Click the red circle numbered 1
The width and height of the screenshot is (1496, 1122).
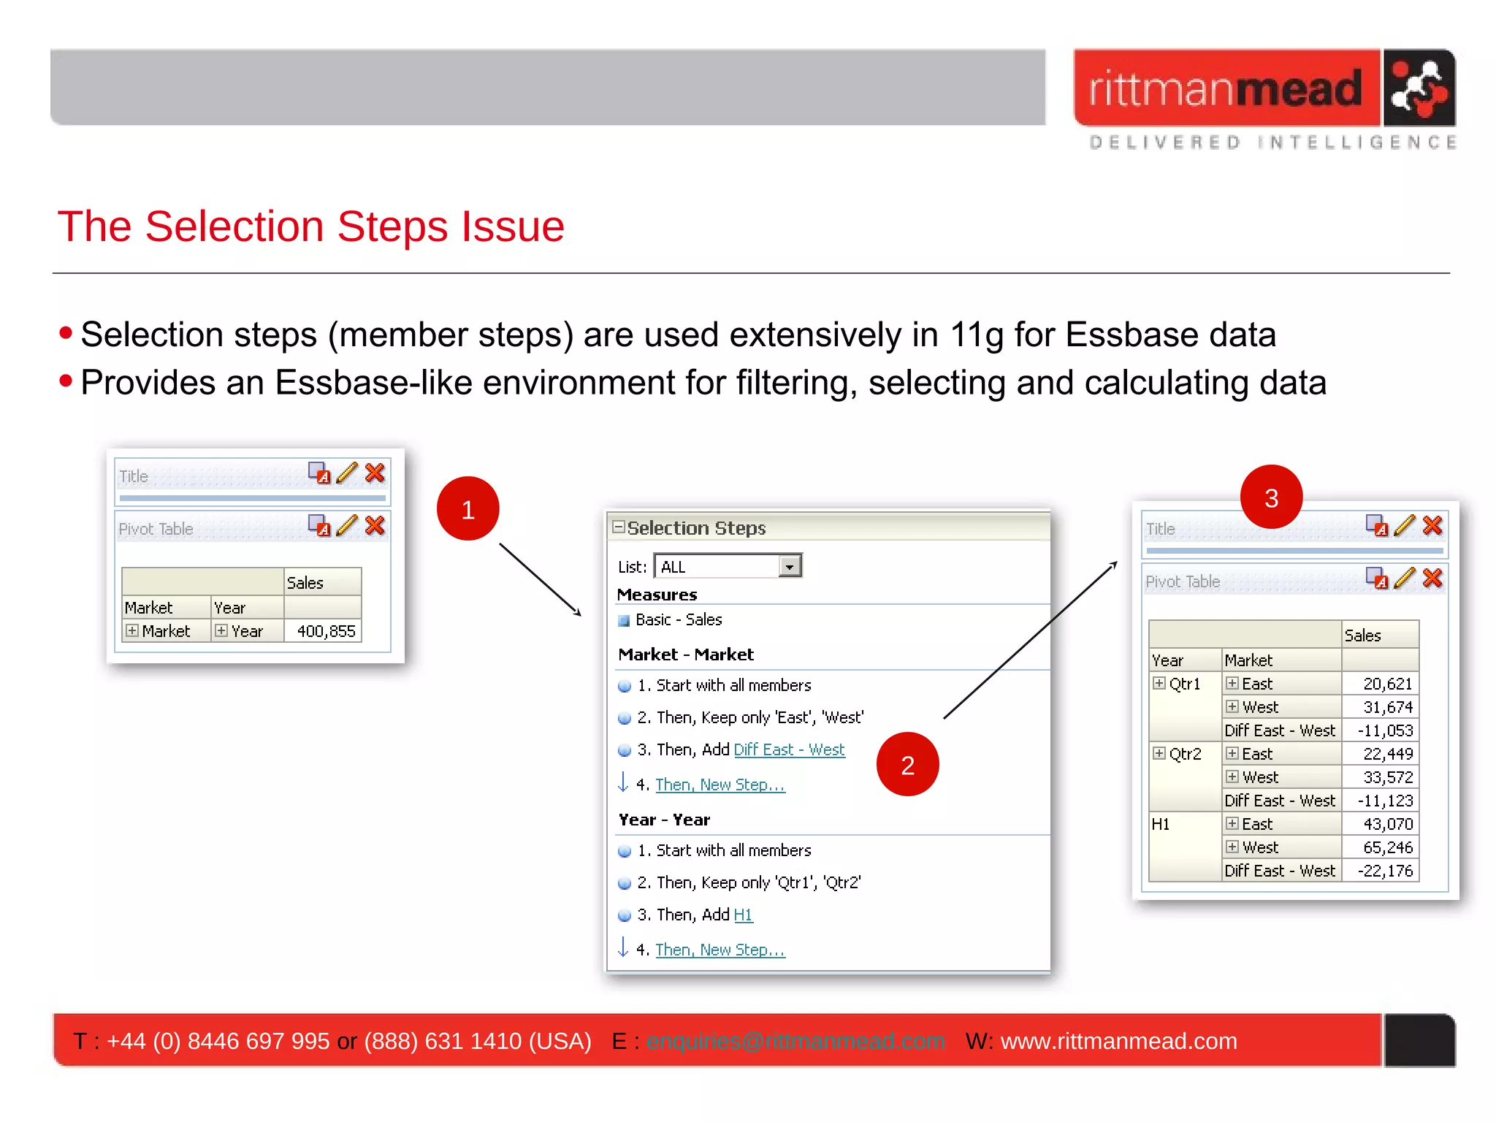[x=467, y=508]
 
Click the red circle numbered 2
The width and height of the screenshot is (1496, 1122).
[x=907, y=764]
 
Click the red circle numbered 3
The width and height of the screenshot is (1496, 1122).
[x=1271, y=497]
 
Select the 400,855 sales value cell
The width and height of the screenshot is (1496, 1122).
[x=325, y=631]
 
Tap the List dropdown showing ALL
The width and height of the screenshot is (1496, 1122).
[x=728, y=566]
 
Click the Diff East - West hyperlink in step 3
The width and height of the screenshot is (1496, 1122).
[x=789, y=749]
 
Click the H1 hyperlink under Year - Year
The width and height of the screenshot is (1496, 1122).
[x=743, y=915]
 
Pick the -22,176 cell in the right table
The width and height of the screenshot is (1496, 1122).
[x=1384, y=871]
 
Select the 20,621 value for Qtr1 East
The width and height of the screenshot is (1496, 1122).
[x=1387, y=684]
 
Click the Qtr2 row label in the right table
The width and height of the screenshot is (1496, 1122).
[x=1184, y=754]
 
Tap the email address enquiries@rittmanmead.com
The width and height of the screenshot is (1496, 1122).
[x=795, y=1040]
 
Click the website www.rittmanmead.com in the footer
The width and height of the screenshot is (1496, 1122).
[x=1118, y=1040]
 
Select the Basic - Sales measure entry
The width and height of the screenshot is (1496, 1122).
[x=678, y=619]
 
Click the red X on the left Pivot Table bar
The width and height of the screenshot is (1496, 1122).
[x=375, y=525]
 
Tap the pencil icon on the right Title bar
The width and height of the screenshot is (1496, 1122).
[x=1404, y=525]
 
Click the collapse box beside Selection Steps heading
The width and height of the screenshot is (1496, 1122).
[x=619, y=527]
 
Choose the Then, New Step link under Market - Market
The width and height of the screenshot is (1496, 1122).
[x=720, y=785]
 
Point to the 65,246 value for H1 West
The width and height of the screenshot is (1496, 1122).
[x=1387, y=847]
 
